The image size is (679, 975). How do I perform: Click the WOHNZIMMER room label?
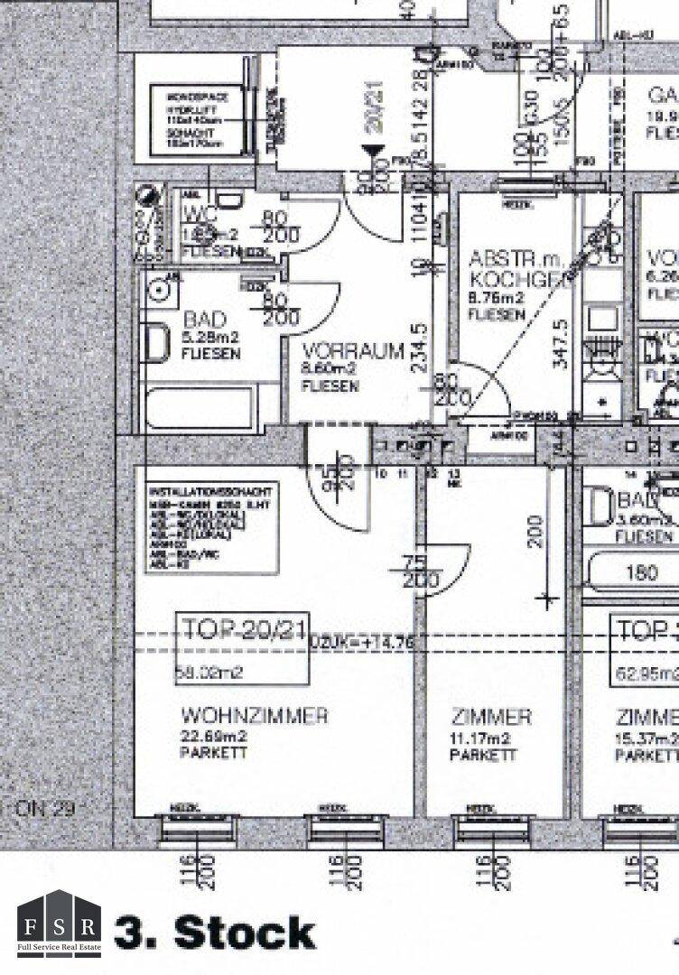tap(254, 717)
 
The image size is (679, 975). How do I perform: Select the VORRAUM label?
tap(353, 351)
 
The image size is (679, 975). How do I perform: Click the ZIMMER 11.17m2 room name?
tap(491, 718)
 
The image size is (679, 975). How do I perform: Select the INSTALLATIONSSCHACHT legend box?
tap(213, 527)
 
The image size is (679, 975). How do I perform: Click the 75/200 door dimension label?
tap(417, 573)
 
